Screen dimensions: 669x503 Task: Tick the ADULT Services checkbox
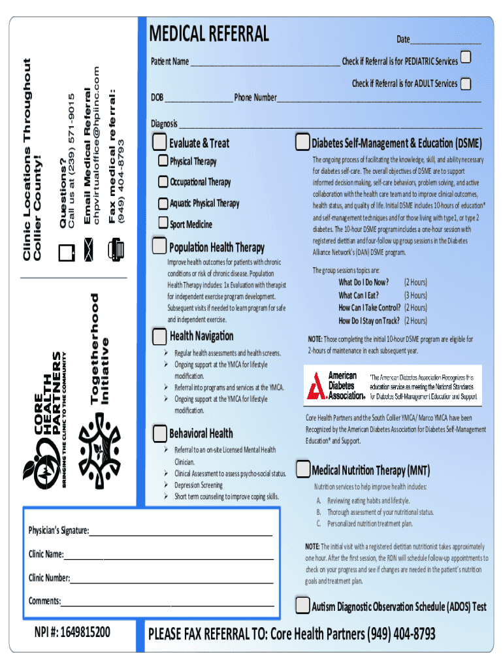click(x=466, y=84)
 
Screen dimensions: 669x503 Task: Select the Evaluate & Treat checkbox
click(x=159, y=142)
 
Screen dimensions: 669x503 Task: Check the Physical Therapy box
click(x=163, y=161)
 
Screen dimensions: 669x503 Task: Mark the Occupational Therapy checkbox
click(x=163, y=182)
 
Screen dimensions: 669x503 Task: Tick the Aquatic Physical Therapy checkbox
click(x=163, y=203)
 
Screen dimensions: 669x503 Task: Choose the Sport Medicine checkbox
click(x=163, y=223)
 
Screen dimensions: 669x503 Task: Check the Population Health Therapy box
click(x=159, y=246)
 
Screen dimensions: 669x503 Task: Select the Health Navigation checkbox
click(x=159, y=336)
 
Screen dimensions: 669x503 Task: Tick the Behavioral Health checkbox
click(x=159, y=433)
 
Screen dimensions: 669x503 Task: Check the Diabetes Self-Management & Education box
click(x=302, y=142)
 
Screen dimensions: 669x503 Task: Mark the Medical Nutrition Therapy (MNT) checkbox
click(x=302, y=469)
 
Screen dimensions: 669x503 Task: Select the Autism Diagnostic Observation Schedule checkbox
click(x=302, y=606)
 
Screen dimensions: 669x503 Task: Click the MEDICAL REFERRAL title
click(x=209, y=33)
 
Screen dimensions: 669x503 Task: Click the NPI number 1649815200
click(x=73, y=632)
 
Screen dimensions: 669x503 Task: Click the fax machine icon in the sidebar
click(x=116, y=249)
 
